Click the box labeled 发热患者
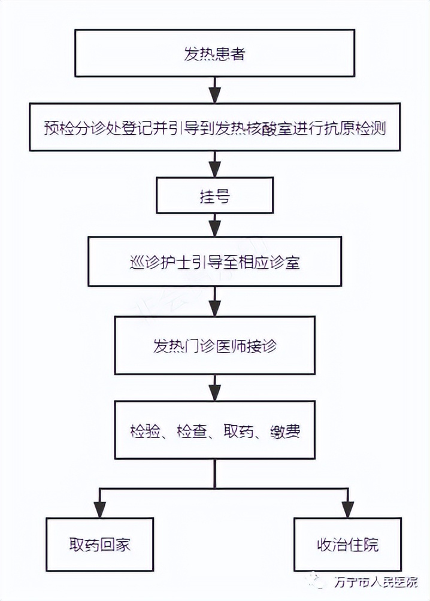[214, 54]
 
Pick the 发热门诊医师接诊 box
[214, 346]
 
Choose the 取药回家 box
[99, 545]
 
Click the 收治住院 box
[347, 545]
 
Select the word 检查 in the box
[191, 430]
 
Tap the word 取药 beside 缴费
[238, 430]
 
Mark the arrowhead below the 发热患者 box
[214, 95]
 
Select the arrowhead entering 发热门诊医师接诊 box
[214, 308]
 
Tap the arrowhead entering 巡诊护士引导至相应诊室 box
[214, 228]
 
